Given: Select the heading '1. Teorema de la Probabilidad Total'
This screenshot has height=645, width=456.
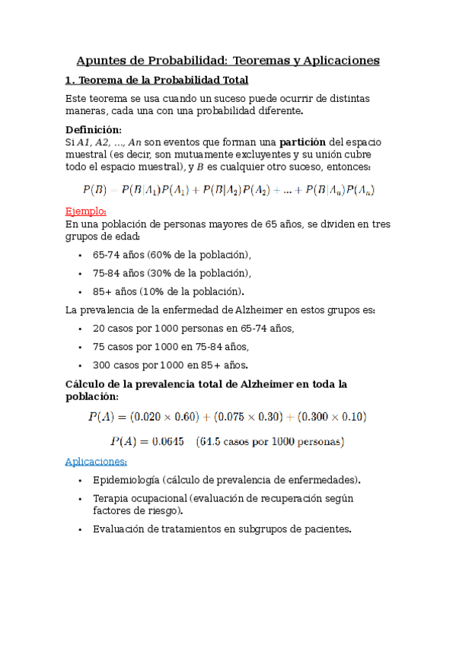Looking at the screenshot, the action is (x=157, y=80).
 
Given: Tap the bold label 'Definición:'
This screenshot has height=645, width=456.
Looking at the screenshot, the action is (x=93, y=129).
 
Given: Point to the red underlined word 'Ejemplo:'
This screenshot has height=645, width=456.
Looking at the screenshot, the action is (x=86, y=211).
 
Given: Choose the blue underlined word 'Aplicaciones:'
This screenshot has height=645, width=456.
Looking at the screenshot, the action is (x=96, y=461).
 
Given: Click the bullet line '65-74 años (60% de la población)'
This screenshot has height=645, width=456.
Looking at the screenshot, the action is (x=171, y=255).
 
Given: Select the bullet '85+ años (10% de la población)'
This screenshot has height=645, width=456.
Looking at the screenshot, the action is (x=168, y=291).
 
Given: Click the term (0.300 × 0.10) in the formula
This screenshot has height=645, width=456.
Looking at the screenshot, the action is (x=332, y=416).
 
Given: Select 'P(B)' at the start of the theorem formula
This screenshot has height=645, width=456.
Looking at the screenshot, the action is (x=94, y=189).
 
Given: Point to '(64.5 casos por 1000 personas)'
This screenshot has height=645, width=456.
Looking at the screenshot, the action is (x=269, y=441).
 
